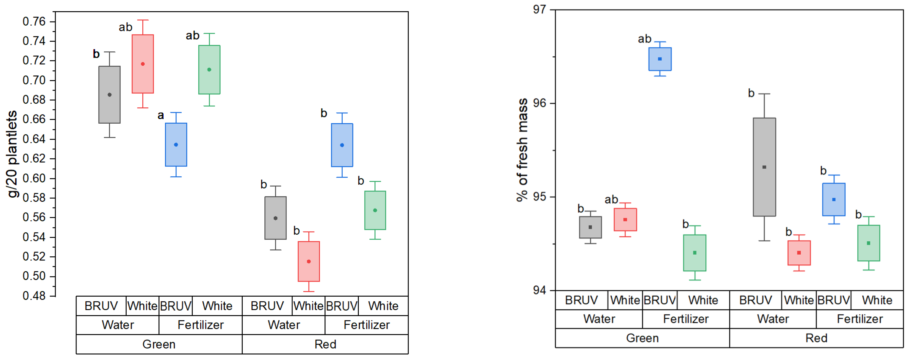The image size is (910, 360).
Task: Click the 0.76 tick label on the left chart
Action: pyautogui.click(x=34, y=22)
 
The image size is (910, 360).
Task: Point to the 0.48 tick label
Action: pyautogui.click(x=34, y=296)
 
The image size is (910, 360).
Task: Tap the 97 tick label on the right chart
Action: pyautogui.click(x=539, y=10)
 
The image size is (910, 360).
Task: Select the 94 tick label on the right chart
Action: pyautogui.click(x=539, y=290)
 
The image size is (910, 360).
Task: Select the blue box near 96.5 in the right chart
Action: pyautogui.click(x=660, y=59)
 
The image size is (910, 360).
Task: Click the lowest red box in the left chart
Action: pyautogui.click(x=309, y=261)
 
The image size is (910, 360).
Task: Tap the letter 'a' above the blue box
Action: pyautogui.click(x=161, y=115)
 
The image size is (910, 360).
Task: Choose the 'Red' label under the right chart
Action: pyautogui.click(x=816, y=338)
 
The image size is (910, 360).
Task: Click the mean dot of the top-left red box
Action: pyautogui.click(x=143, y=64)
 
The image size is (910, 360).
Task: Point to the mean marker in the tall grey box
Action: pyautogui.click(x=764, y=167)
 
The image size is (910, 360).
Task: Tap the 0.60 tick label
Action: pyautogui.click(x=34, y=178)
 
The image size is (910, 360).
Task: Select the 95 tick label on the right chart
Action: pyautogui.click(x=539, y=197)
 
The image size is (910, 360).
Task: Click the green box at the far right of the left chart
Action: pyautogui.click(x=375, y=210)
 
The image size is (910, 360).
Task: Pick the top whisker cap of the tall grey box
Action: pyautogui.click(x=764, y=94)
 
